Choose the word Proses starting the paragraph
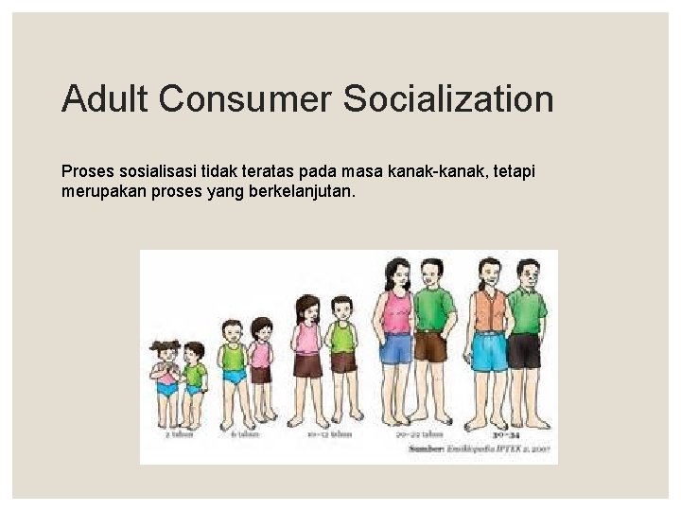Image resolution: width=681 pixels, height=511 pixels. point(87,171)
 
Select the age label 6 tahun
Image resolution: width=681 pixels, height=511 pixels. point(243,434)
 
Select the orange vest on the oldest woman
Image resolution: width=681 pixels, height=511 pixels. point(489,309)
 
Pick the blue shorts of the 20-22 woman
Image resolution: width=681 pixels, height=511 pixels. point(395,349)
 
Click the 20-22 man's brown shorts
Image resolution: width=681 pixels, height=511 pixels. point(430,346)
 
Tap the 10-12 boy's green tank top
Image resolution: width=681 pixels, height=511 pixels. point(342,337)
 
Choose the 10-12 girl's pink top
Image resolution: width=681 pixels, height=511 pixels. point(308,337)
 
